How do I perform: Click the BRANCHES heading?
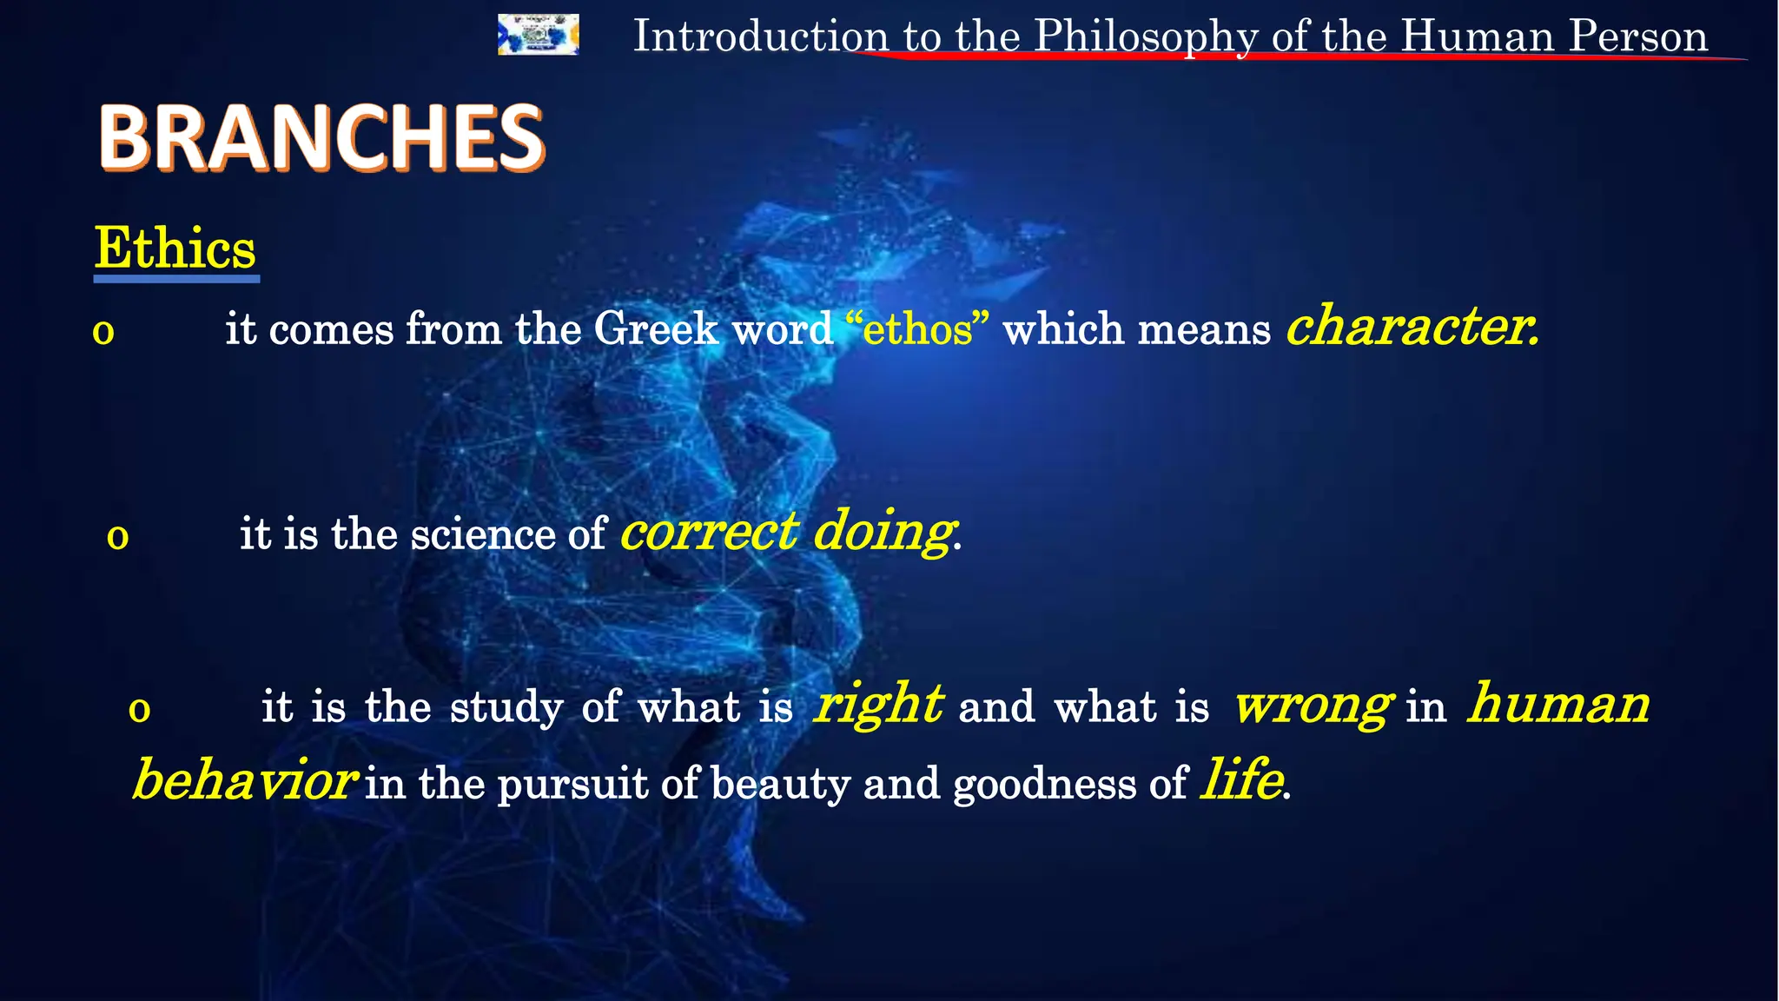click(321, 137)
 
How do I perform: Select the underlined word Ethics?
click(175, 249)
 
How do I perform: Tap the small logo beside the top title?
click(538, 35)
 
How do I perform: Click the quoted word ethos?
click(917, 330)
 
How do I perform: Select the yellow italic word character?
click(1411, 327)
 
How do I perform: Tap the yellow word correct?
click(709, 532)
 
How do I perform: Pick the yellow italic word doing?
click(883, 532)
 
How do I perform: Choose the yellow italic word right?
click(877, 704)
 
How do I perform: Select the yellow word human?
click(1558, 704)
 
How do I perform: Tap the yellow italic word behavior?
click(243, 780)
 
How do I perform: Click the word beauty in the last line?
click(780, 784)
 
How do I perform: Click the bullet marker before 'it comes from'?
click(103, 332)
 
